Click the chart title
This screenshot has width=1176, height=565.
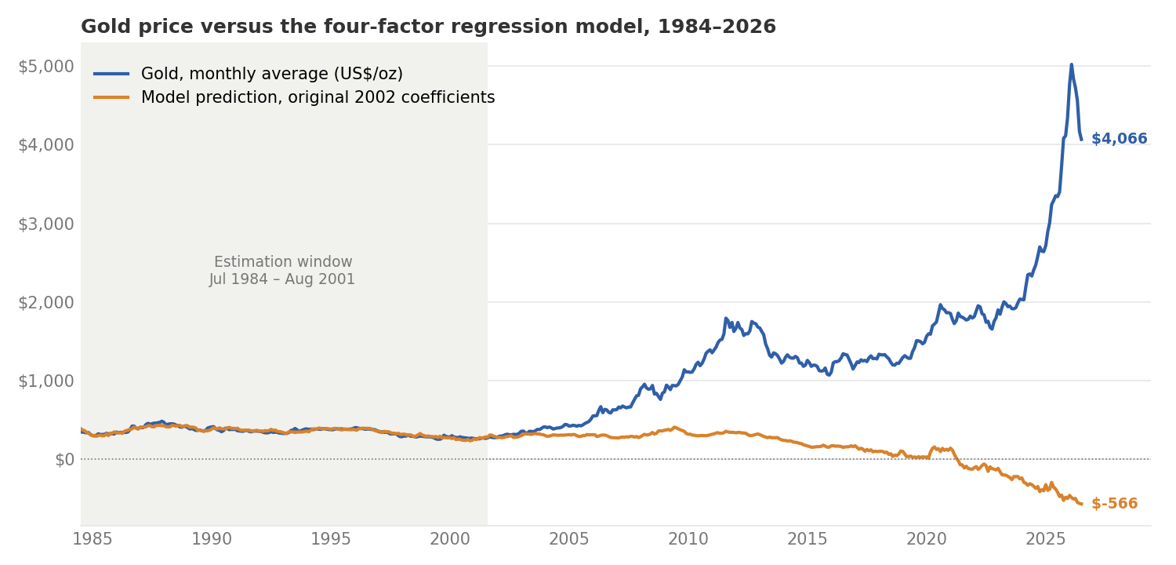[x=428, y=26]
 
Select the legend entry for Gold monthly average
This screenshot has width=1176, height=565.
[x=249, y=74]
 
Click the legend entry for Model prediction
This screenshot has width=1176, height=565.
[x=294, y=97]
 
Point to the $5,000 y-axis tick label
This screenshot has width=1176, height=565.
[x=46, y=67]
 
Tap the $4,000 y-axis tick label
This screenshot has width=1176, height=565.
[x=46, y=145]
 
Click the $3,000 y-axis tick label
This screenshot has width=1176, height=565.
[x=46, y=224]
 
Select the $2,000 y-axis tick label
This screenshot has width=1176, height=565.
[x=46, y=303]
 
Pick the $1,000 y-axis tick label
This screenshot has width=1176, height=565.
[x=46, y=381]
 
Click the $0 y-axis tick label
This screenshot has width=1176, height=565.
[x=64, y=460]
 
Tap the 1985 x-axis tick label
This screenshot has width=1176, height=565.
[x=93, y=539]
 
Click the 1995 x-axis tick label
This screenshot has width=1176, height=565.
[x=331, y=539]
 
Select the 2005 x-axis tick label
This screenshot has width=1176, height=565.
[x=569, y=539]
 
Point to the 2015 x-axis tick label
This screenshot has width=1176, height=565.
[x=808, y=539]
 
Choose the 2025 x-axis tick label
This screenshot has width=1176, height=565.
[x=1046, y=539]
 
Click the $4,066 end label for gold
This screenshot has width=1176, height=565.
[x=1120, y=139]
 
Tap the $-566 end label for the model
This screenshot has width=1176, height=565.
[x=1115, y=504]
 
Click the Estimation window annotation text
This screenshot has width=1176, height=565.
[x=282, y=270]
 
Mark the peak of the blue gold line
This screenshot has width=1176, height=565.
[x=1072, y=64]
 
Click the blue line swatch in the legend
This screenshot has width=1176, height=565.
[x=111, y=74]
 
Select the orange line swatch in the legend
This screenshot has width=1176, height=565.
[x=111, y=98]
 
